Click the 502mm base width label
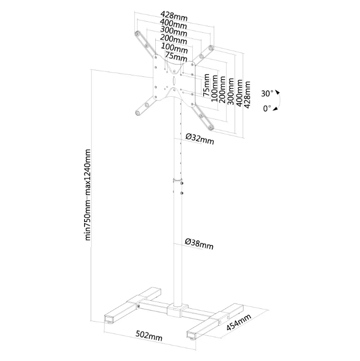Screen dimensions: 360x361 coord(149,336)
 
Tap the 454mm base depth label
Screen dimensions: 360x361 coord(238,322)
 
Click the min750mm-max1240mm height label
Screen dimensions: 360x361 coord(88,195)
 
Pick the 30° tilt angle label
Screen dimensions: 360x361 coord(267,93)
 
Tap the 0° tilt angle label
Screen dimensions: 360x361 coord(267,108)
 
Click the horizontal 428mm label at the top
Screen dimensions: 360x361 coord(174,16)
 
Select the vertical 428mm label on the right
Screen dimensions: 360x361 coord(247,94)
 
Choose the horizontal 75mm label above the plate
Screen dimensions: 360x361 coord(176,57)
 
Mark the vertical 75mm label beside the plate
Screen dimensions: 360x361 coord(206,85)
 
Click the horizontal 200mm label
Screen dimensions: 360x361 coord(173,39)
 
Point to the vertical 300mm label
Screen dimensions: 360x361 coord(231,92)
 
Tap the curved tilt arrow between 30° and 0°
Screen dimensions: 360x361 coord(279,101)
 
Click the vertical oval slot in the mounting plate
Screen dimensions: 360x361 coord(174,81)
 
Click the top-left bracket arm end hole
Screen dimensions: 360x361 coord(137,34)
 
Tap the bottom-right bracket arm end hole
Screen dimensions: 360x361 coord(210,127)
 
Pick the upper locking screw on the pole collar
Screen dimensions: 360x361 coord(182,183)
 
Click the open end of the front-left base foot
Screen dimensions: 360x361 coord(110,319)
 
